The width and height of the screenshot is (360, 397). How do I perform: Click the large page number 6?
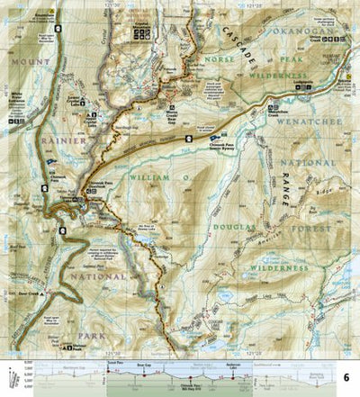(x=348, y=375)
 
